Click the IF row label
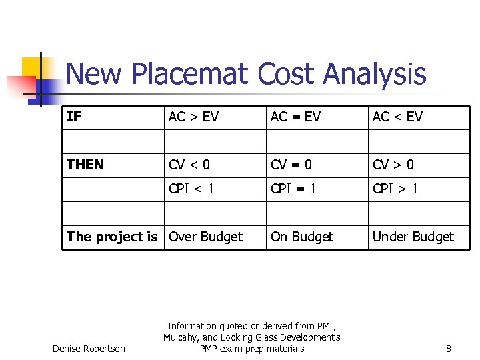point(74,117)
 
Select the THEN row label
point(85,165)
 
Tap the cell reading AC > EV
point(193,117)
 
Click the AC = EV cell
point(295,117)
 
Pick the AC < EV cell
point(397,117)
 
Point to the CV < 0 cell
point(189,165)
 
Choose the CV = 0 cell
point(291,165)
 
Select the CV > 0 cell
point(393,165)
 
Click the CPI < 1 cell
point(191,189)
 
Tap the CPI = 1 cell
point(293,189)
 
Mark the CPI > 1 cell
point(395,189)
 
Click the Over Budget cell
point(206,237)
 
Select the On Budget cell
point(302,237)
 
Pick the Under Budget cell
point(413,237)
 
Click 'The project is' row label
point(112,237)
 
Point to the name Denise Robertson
point(89,349)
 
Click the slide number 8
point(449,349)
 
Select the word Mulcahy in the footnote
point(181,337)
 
